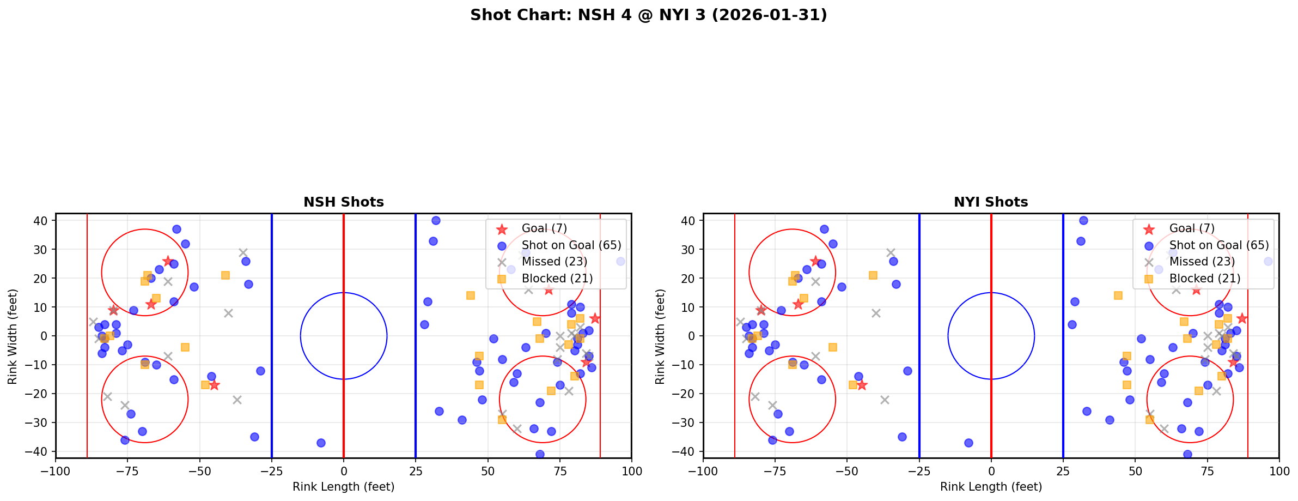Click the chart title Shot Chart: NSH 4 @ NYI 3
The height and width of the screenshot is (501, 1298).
[x=648, y=15]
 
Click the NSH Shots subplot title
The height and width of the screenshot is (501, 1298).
[x=343, y=202]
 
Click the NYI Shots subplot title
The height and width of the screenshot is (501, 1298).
[x=991, y=202]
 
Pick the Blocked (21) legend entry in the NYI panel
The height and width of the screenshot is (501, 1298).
[x=1204, y=279]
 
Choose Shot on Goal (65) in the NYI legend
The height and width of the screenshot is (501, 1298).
[x=1218, y=245]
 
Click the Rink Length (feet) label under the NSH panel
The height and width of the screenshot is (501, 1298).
[x=343, y=487]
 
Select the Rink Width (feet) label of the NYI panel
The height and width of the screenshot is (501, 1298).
[x=660, y=336]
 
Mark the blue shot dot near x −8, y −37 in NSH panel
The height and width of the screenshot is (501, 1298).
[x=321, y=443]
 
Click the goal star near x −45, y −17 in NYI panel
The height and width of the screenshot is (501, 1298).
[x=862, y=385]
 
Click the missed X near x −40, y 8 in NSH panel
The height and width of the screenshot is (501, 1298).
[x=228, y=313]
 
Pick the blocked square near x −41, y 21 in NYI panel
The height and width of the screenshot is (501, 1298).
[x=873, y=275]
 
